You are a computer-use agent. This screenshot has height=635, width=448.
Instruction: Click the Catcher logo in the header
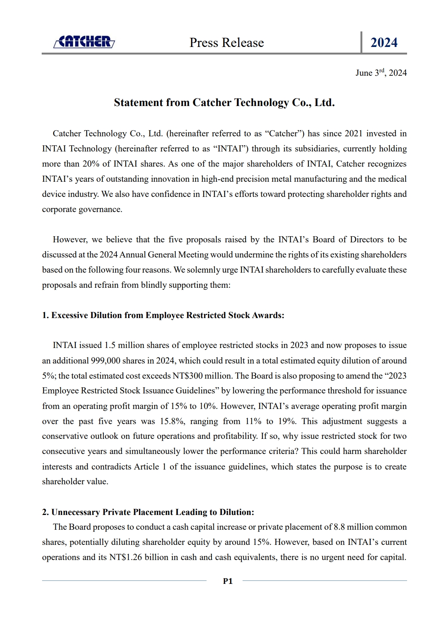[84, 42]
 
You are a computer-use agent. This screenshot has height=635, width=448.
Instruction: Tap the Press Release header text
[227, 42]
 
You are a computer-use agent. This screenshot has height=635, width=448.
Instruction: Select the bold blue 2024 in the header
[384, 42]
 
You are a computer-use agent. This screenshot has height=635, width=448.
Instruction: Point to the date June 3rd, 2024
[381, 73]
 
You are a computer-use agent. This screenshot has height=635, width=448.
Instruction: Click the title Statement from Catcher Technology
[224, 103]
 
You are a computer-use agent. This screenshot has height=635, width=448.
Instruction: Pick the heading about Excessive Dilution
[163, 315]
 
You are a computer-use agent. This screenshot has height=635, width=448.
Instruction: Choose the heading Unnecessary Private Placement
[148, 512]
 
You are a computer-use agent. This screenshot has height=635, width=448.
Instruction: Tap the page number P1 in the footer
[228, 581]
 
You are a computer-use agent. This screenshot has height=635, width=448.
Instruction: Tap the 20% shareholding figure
[91, 164]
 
